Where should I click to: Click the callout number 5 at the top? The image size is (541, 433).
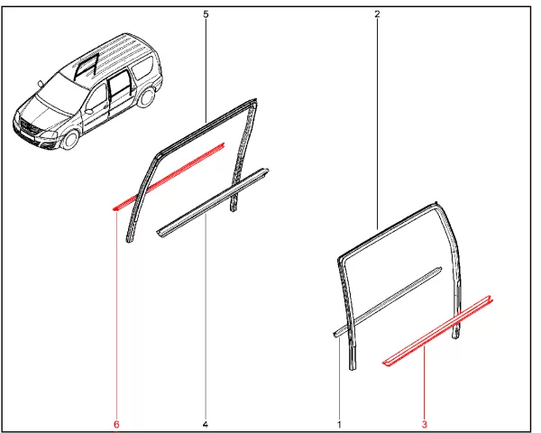[x=206, y=14]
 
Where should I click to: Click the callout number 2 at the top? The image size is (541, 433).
[x=377, y=14]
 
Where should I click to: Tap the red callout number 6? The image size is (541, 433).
[x=116, y=424]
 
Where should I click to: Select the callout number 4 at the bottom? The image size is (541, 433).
[x=206, y=424]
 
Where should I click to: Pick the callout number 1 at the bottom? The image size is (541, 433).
[x=340, y=424]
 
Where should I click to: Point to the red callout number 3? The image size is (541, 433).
[x=425, y=424]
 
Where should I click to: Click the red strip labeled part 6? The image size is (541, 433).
[x=170, y=176]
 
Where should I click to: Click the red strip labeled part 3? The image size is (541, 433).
[x=438, y=331]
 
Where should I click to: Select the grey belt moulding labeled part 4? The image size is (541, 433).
[x=213, y=203]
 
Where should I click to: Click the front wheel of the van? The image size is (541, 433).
[x=71, y=139]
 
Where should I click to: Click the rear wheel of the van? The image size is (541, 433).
[x=147, y=97]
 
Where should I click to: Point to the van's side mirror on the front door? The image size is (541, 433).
[x=89, y=112]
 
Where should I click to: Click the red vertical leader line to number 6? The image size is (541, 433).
[x=116, y=315]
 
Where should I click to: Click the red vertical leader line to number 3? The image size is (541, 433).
[x=425, y=383]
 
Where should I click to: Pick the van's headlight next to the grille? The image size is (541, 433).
[x=49, y=134]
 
